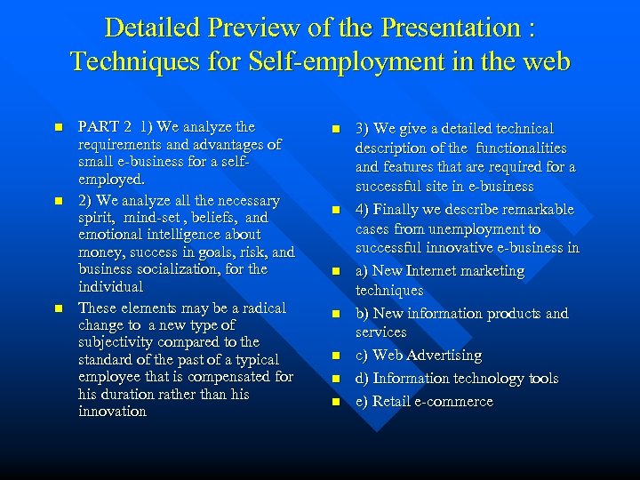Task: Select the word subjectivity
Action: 120,342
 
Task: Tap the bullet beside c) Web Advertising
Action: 336,356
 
